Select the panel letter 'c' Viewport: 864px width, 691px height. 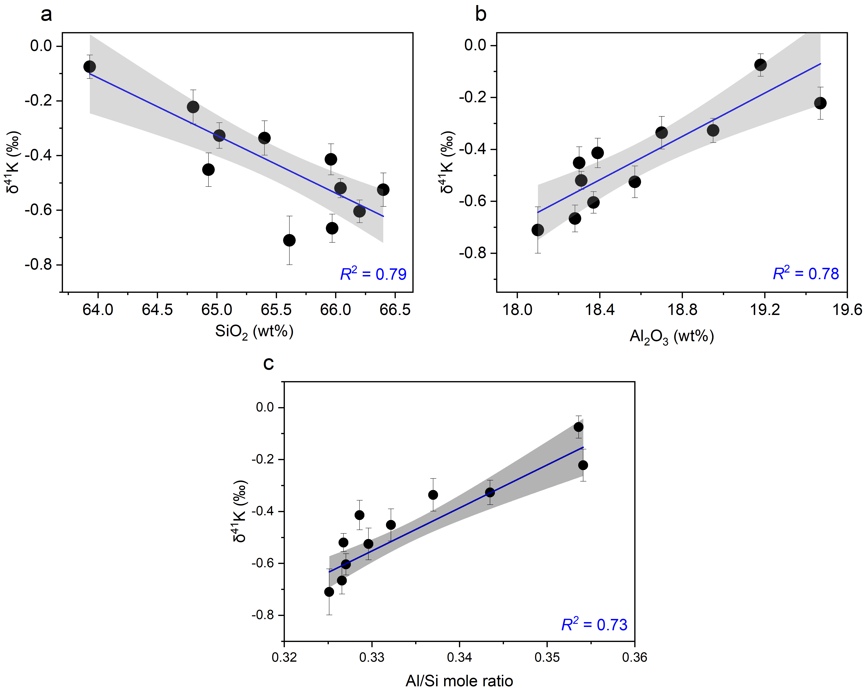[x=268, y=363]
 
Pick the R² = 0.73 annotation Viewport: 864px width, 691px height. [x=594, y=625]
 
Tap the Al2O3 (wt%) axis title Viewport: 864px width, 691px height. [x=672, y=337]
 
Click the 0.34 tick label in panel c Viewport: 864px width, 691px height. [x=459, y=657]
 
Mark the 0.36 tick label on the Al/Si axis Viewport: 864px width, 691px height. [x=634, y=657]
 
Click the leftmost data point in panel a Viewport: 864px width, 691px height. [x=90, y=66]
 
